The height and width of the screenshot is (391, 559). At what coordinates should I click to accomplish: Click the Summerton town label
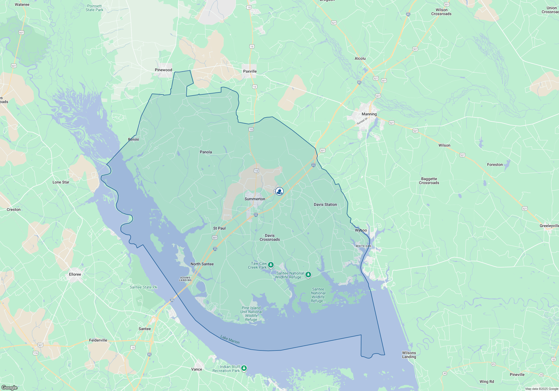click(255, 199)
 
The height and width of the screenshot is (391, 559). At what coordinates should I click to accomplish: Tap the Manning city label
click(369, 114)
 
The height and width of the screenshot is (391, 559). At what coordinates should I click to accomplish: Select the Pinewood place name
click(164, 70)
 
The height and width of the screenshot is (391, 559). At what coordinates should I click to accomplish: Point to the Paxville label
click(250, 71)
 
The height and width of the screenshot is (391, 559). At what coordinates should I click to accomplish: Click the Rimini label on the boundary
click(133, 139)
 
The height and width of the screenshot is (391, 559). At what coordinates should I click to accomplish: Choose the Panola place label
click(206, 152)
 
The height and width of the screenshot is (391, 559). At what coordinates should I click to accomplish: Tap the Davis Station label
click(325, 204)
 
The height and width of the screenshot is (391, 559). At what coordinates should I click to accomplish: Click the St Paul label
click(219, 228)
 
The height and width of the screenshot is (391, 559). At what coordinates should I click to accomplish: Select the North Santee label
click(202, 264)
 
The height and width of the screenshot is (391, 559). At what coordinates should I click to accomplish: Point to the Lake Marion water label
click(230, 339)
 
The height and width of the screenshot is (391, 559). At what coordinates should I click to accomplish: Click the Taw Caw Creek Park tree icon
click(271, 265)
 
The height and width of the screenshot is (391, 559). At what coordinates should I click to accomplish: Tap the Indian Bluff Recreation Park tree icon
click(244, 368)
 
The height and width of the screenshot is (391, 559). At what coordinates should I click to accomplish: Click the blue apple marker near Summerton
click(279, 191)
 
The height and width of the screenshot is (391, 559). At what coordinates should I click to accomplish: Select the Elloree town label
click(75, 274)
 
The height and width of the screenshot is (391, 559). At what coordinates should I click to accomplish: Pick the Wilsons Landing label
click(409, 355)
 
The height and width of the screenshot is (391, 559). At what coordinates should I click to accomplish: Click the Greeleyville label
click(549, 226)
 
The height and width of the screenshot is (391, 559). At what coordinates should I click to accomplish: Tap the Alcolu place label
click(360, 58)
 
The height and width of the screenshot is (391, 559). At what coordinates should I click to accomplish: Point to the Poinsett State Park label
click(94, 8)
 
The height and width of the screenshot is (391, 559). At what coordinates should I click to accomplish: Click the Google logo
click(10, 387)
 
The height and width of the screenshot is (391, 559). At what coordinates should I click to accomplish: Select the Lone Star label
click(61, 182)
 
